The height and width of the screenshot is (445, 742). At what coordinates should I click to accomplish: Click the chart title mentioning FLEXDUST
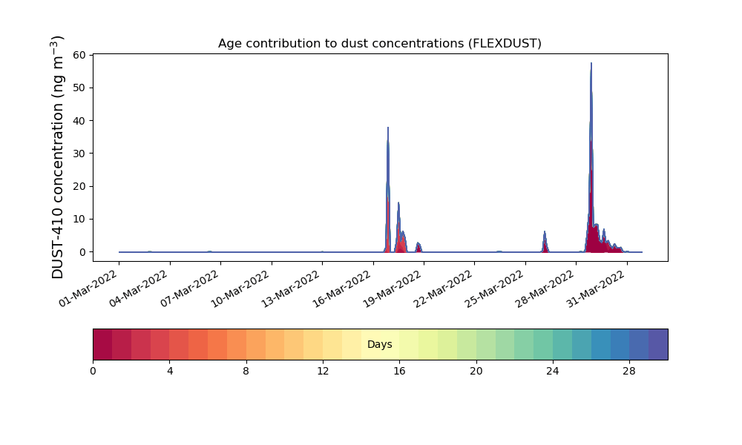379,44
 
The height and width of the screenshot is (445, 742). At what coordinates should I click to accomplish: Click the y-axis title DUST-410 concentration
57,157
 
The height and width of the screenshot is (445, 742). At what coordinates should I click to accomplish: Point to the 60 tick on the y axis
79,55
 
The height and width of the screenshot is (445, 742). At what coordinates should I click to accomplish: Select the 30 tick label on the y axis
79,154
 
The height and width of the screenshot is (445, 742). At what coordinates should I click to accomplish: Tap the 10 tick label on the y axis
79,219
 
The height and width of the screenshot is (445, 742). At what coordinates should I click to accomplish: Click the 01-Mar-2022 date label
88,289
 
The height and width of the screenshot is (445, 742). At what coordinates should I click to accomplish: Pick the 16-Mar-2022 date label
342,289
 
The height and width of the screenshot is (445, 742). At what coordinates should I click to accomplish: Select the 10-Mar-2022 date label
240,289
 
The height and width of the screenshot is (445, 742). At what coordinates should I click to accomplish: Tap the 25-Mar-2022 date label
494,289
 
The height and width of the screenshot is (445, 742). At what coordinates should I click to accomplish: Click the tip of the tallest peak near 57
591,63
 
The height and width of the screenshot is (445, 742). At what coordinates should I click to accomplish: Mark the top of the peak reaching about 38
388,128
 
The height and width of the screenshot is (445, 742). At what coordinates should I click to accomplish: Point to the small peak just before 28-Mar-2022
545,231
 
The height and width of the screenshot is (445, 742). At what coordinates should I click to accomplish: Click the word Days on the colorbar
379,344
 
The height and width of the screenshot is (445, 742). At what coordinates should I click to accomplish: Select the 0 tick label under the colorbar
93,372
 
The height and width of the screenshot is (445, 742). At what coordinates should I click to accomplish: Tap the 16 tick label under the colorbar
399,372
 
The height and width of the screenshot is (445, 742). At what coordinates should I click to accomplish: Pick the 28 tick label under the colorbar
629,372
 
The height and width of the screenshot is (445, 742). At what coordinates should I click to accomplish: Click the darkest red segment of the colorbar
102,344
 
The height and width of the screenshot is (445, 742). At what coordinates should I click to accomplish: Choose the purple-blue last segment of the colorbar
658,344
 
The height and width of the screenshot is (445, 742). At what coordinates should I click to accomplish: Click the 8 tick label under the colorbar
246,372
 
